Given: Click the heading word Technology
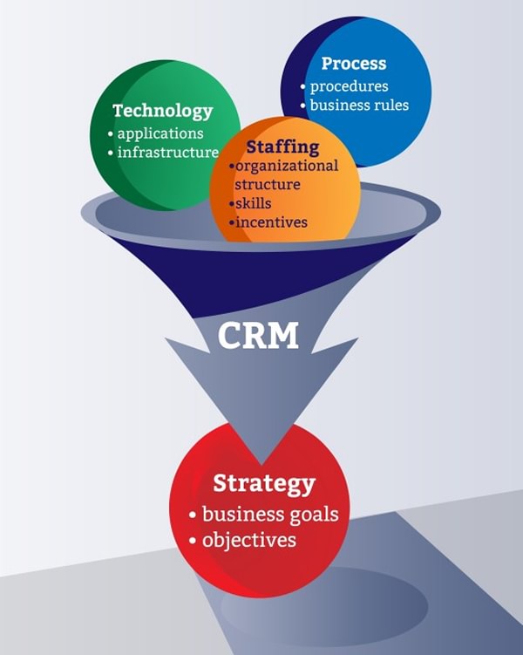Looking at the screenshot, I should point(162,111).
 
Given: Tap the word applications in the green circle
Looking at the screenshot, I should point(160,133).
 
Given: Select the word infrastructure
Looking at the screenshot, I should point(167,153).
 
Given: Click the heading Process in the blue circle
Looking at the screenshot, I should point(353,64).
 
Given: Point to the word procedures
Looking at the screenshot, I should point(349,86).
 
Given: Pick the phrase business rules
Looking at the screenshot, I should point(359,106).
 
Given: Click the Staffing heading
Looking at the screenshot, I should point(282,146).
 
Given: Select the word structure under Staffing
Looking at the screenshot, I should point(267,184).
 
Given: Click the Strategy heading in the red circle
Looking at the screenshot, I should point(264,482).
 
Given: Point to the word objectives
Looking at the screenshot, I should point(249,540).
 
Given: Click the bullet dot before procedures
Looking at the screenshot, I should point(302,87).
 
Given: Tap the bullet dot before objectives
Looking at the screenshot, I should point(193,541).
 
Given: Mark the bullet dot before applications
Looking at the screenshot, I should point(110,134).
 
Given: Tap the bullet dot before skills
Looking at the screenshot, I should point(231,204).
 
